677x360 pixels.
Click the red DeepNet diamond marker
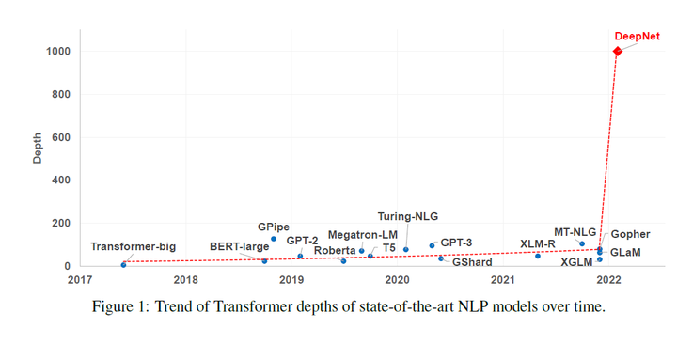[617, 52]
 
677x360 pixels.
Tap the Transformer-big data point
[123, 265]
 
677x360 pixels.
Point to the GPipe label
[274, 227]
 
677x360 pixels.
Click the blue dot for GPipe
[274, 239]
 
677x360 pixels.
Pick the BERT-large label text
[239, 247]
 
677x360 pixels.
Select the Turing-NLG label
[408, 215]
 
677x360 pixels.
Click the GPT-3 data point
[432, 246]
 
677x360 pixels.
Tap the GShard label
[472, 262]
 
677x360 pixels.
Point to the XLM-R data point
[538, 256]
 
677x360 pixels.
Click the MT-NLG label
[575, 231]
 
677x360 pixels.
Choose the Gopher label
[630, 234]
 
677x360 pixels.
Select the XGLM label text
[576, 262]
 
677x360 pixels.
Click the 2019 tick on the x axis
[291, 279]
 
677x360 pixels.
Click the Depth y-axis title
[38, 149]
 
